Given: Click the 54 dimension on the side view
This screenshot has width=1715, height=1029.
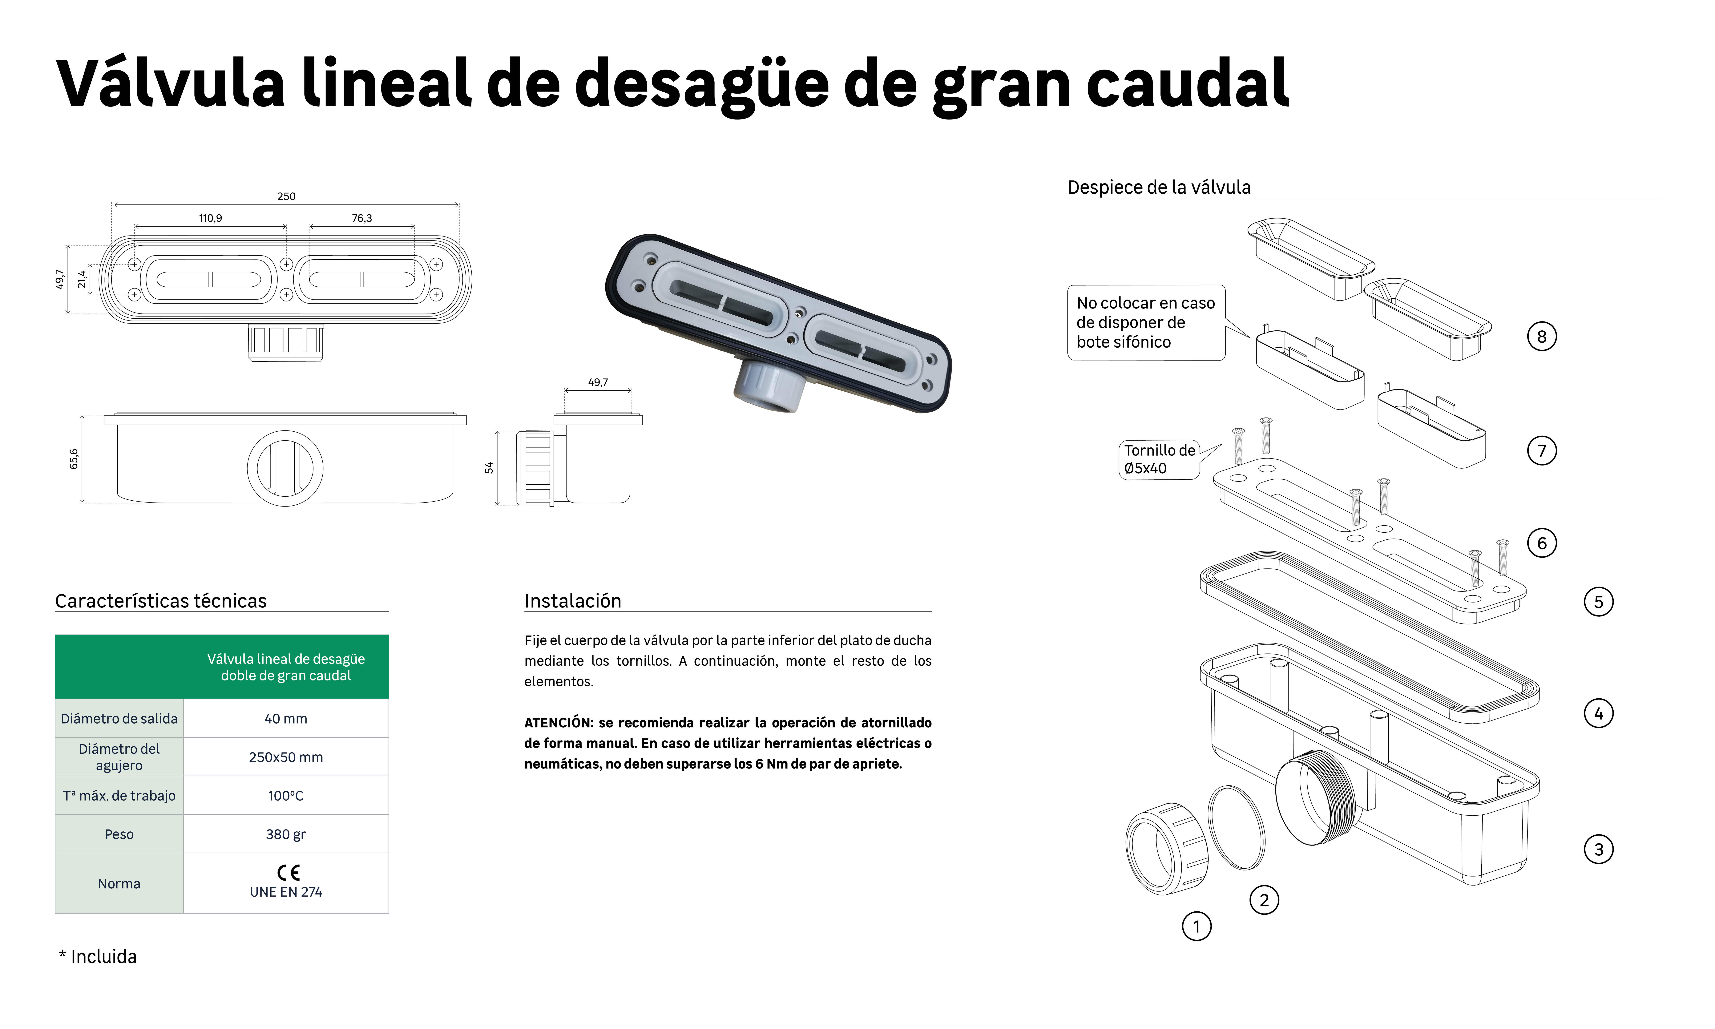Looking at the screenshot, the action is tap(489, 467).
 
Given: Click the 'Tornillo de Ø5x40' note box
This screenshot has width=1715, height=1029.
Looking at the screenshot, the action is tap(1159, 459).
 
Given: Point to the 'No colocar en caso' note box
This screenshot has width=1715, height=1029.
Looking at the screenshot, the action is tap(1146, 322).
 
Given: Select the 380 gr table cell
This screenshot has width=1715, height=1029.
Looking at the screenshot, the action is tap(286, 834).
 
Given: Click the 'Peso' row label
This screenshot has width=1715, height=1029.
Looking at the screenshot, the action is tap(119, 834).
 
